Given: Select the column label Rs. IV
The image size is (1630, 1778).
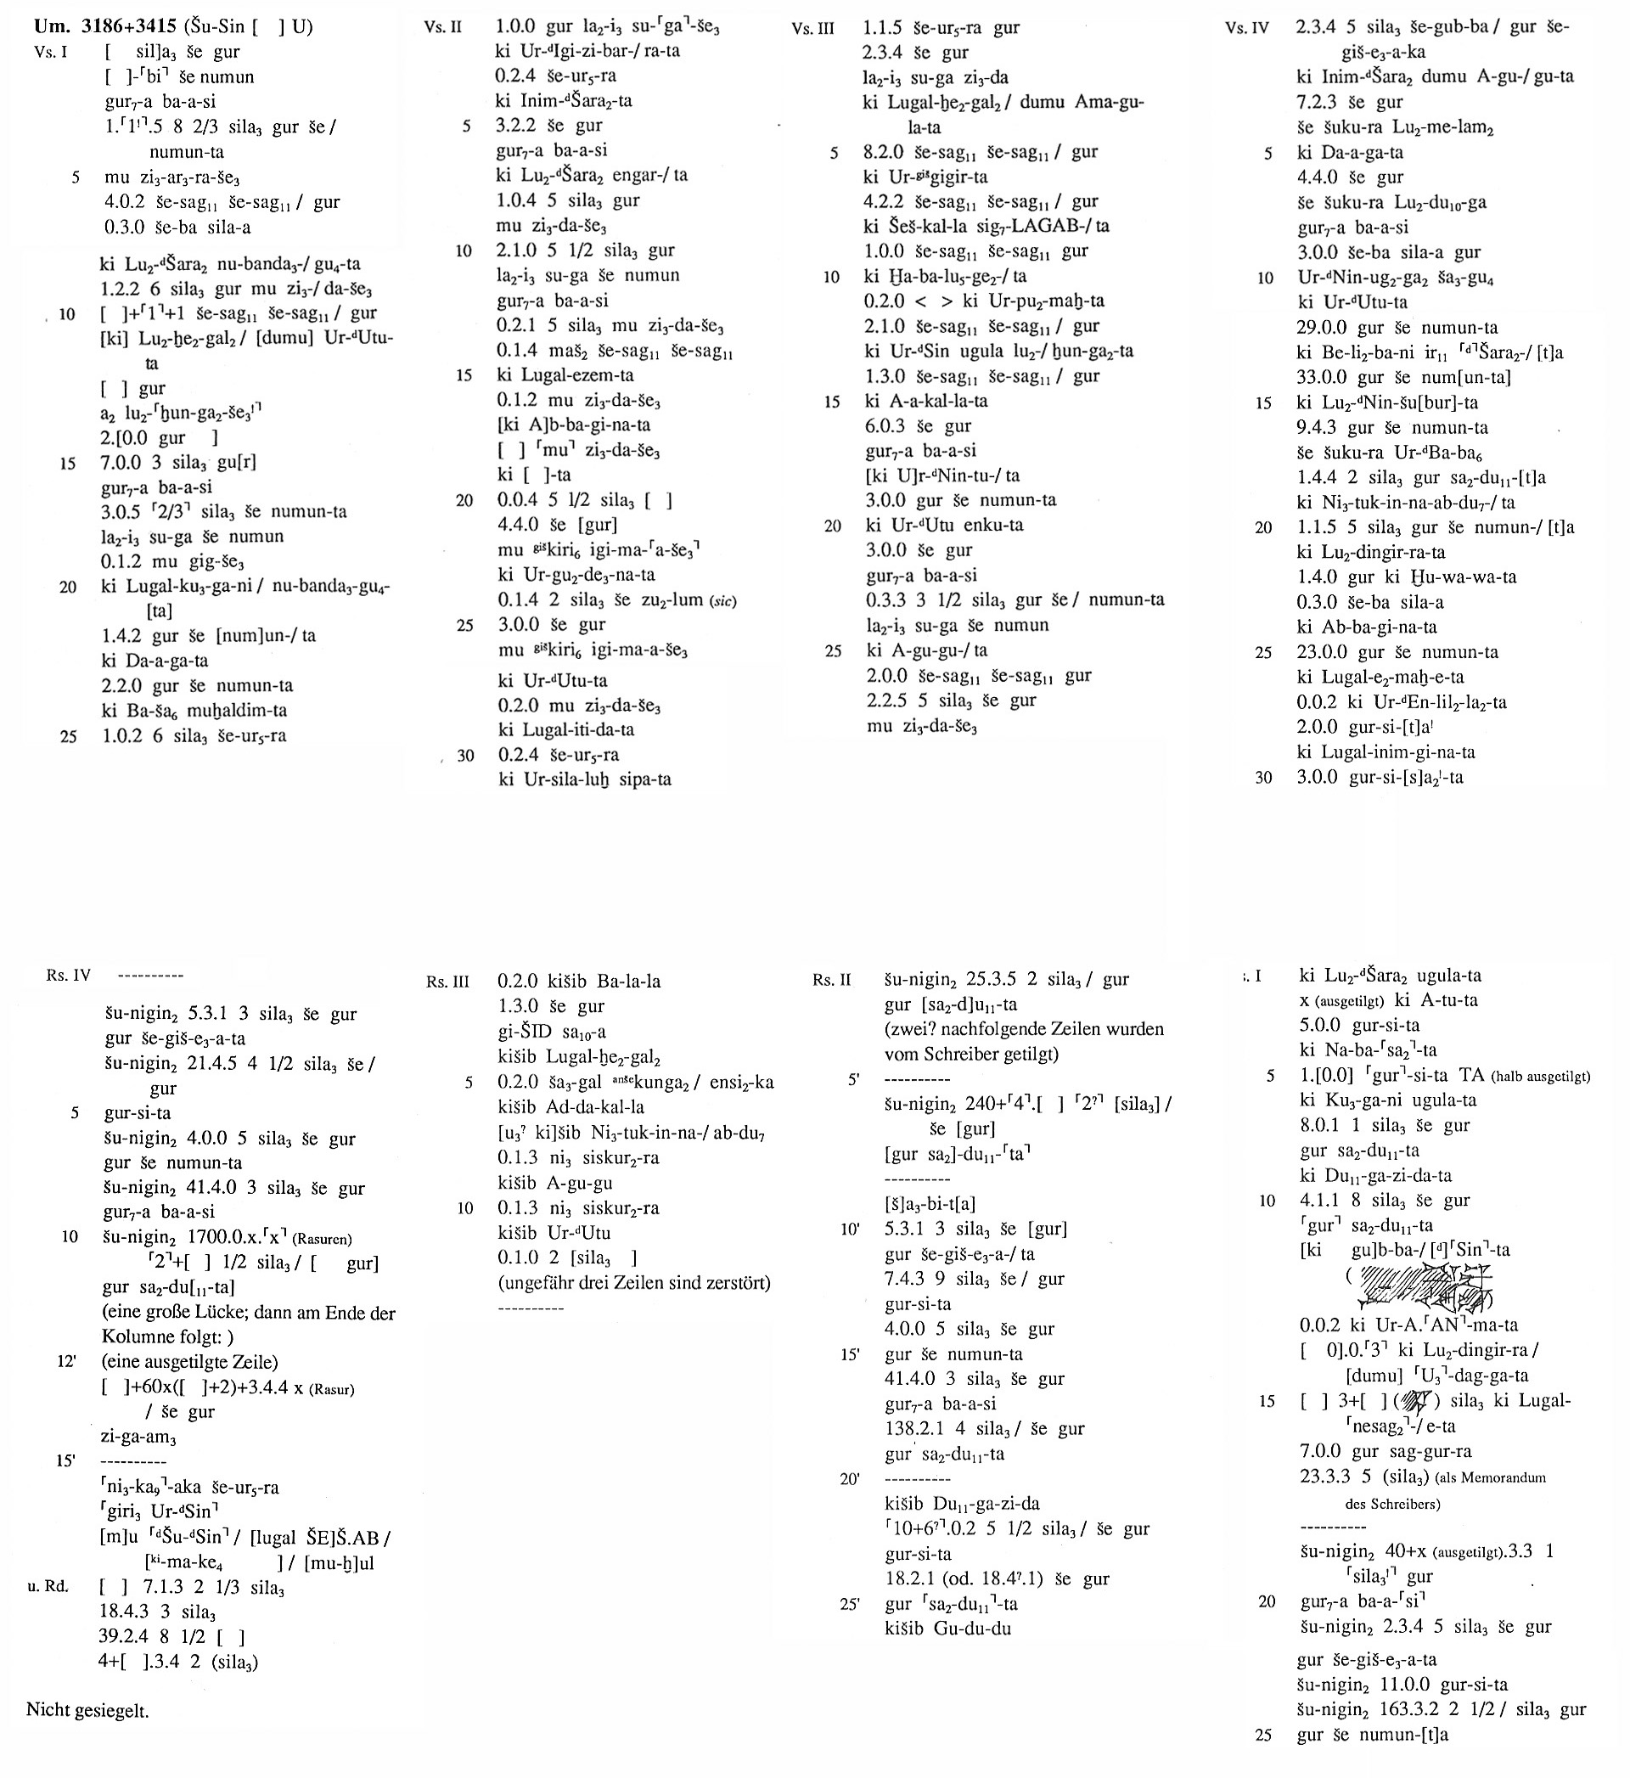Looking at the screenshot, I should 69,976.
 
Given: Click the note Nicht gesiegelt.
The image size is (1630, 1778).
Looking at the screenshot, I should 87,1710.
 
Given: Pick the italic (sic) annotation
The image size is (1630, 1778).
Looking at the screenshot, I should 722,600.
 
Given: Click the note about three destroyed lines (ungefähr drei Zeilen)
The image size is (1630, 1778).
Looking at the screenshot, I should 634,1281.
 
